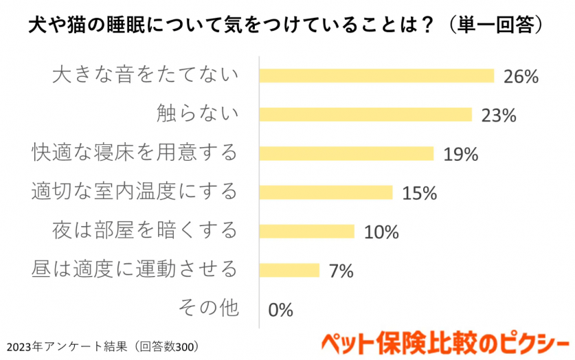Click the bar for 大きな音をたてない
click(x=376, y=76)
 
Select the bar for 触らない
click(x=365, y=114)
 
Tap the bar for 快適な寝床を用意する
click(x=346, y=153)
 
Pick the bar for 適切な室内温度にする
click(x=326, y=192)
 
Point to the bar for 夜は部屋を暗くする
click(x=306, y=231)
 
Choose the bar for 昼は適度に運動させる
click(x=289, y=270)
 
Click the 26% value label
click(x=520, y=76)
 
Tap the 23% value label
click(x=498, y=115)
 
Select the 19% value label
click(x=460, y=154)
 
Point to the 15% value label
click(x=419, y=193)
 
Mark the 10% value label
click(x=381, y=232)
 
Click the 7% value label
click(x=341, y=271)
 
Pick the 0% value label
click(x=280, y=310)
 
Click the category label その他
click(x=208, y=307)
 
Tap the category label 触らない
click(x=197, y=113)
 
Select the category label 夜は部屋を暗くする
click(x=145, y=229)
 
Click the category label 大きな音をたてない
click(x=145, y=74)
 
